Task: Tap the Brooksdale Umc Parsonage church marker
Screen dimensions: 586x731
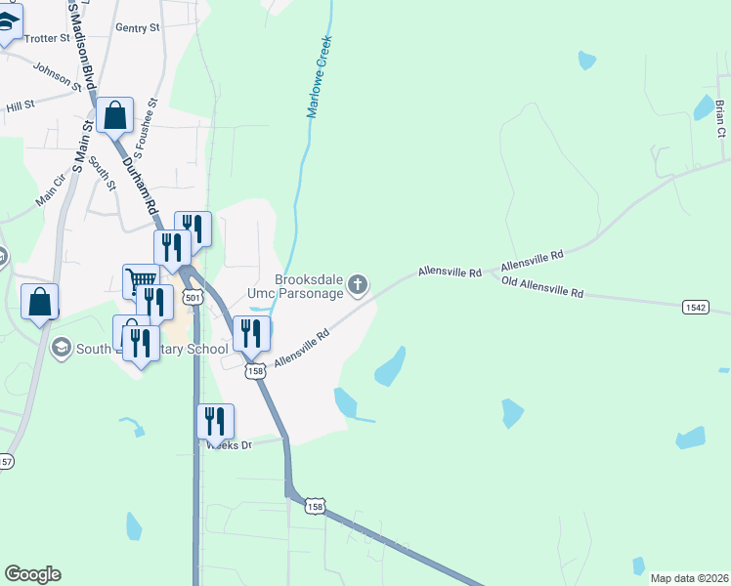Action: (359, 285)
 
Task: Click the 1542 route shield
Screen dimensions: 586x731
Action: (695, 307)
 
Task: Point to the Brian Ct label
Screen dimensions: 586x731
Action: (720, 117)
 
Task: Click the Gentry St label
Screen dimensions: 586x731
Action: (137, 28)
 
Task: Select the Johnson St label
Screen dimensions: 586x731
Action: (58, 74)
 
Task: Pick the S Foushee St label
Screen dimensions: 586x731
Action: (146, 128)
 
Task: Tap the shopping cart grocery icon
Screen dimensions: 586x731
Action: (141, 281)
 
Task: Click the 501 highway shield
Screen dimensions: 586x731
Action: (193, 297)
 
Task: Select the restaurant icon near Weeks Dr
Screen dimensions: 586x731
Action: (215, 421)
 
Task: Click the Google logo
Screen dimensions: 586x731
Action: (32, 574)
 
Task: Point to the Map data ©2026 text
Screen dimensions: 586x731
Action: (688, 577)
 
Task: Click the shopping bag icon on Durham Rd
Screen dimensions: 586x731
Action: (114, 115)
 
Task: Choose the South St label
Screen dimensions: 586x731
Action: (102, 172)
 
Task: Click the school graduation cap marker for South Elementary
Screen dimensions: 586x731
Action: (62, 348)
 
